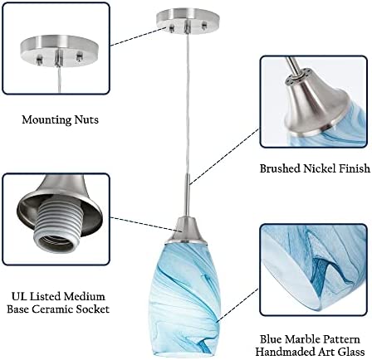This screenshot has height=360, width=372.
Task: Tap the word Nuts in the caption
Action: click(x=86, y=119)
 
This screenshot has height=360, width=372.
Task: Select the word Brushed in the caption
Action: click(x=280, y=168)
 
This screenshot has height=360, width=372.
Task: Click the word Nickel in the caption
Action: click(x=321, y=168)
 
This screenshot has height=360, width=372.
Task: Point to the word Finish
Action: click(x=355, y=168)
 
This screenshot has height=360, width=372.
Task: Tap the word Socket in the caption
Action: click(x=93, y=309)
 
